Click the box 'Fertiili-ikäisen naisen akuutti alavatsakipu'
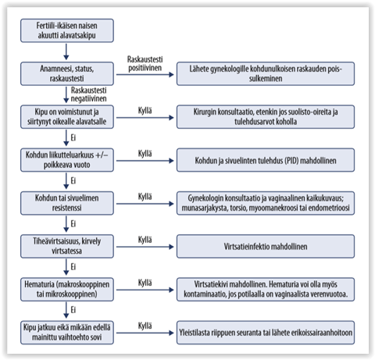pyautogui.click(x=67, y=30)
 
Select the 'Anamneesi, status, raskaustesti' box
pyautogui.click(x=67, y=73)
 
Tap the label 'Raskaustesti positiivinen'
pyautogui.click(x=145, y=63)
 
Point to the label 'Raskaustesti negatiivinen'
pyautogui.click(x=89, y=94)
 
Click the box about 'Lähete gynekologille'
pyautogui.click(x=266, y=73)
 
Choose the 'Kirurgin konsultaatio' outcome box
pyautogui.click(x=266, y=117)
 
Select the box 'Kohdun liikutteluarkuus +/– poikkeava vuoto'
pyautogui.click(x=67, y=160)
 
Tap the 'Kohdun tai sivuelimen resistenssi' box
pyautogui.click(x=67, y=203)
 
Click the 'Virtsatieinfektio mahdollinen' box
pyautogui.click(x=266, y=246)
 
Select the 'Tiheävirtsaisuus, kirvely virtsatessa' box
pyautogui.click(x=67, y=246)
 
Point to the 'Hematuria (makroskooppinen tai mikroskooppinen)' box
pyautogui.click(x=67, y=289)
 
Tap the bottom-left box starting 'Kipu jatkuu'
pyautogui.click(x=67, y=333)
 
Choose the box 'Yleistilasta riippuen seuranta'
pyautogui.click(x=266, y=333)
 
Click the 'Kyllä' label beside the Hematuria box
pyautogui.click(x=145, y=283)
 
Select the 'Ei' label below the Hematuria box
pyautogui.click(x=73, y=310)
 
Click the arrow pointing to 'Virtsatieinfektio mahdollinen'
pyautogui.click(x=145, y=247)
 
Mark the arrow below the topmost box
pyautogui.click(x=66, y=52)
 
